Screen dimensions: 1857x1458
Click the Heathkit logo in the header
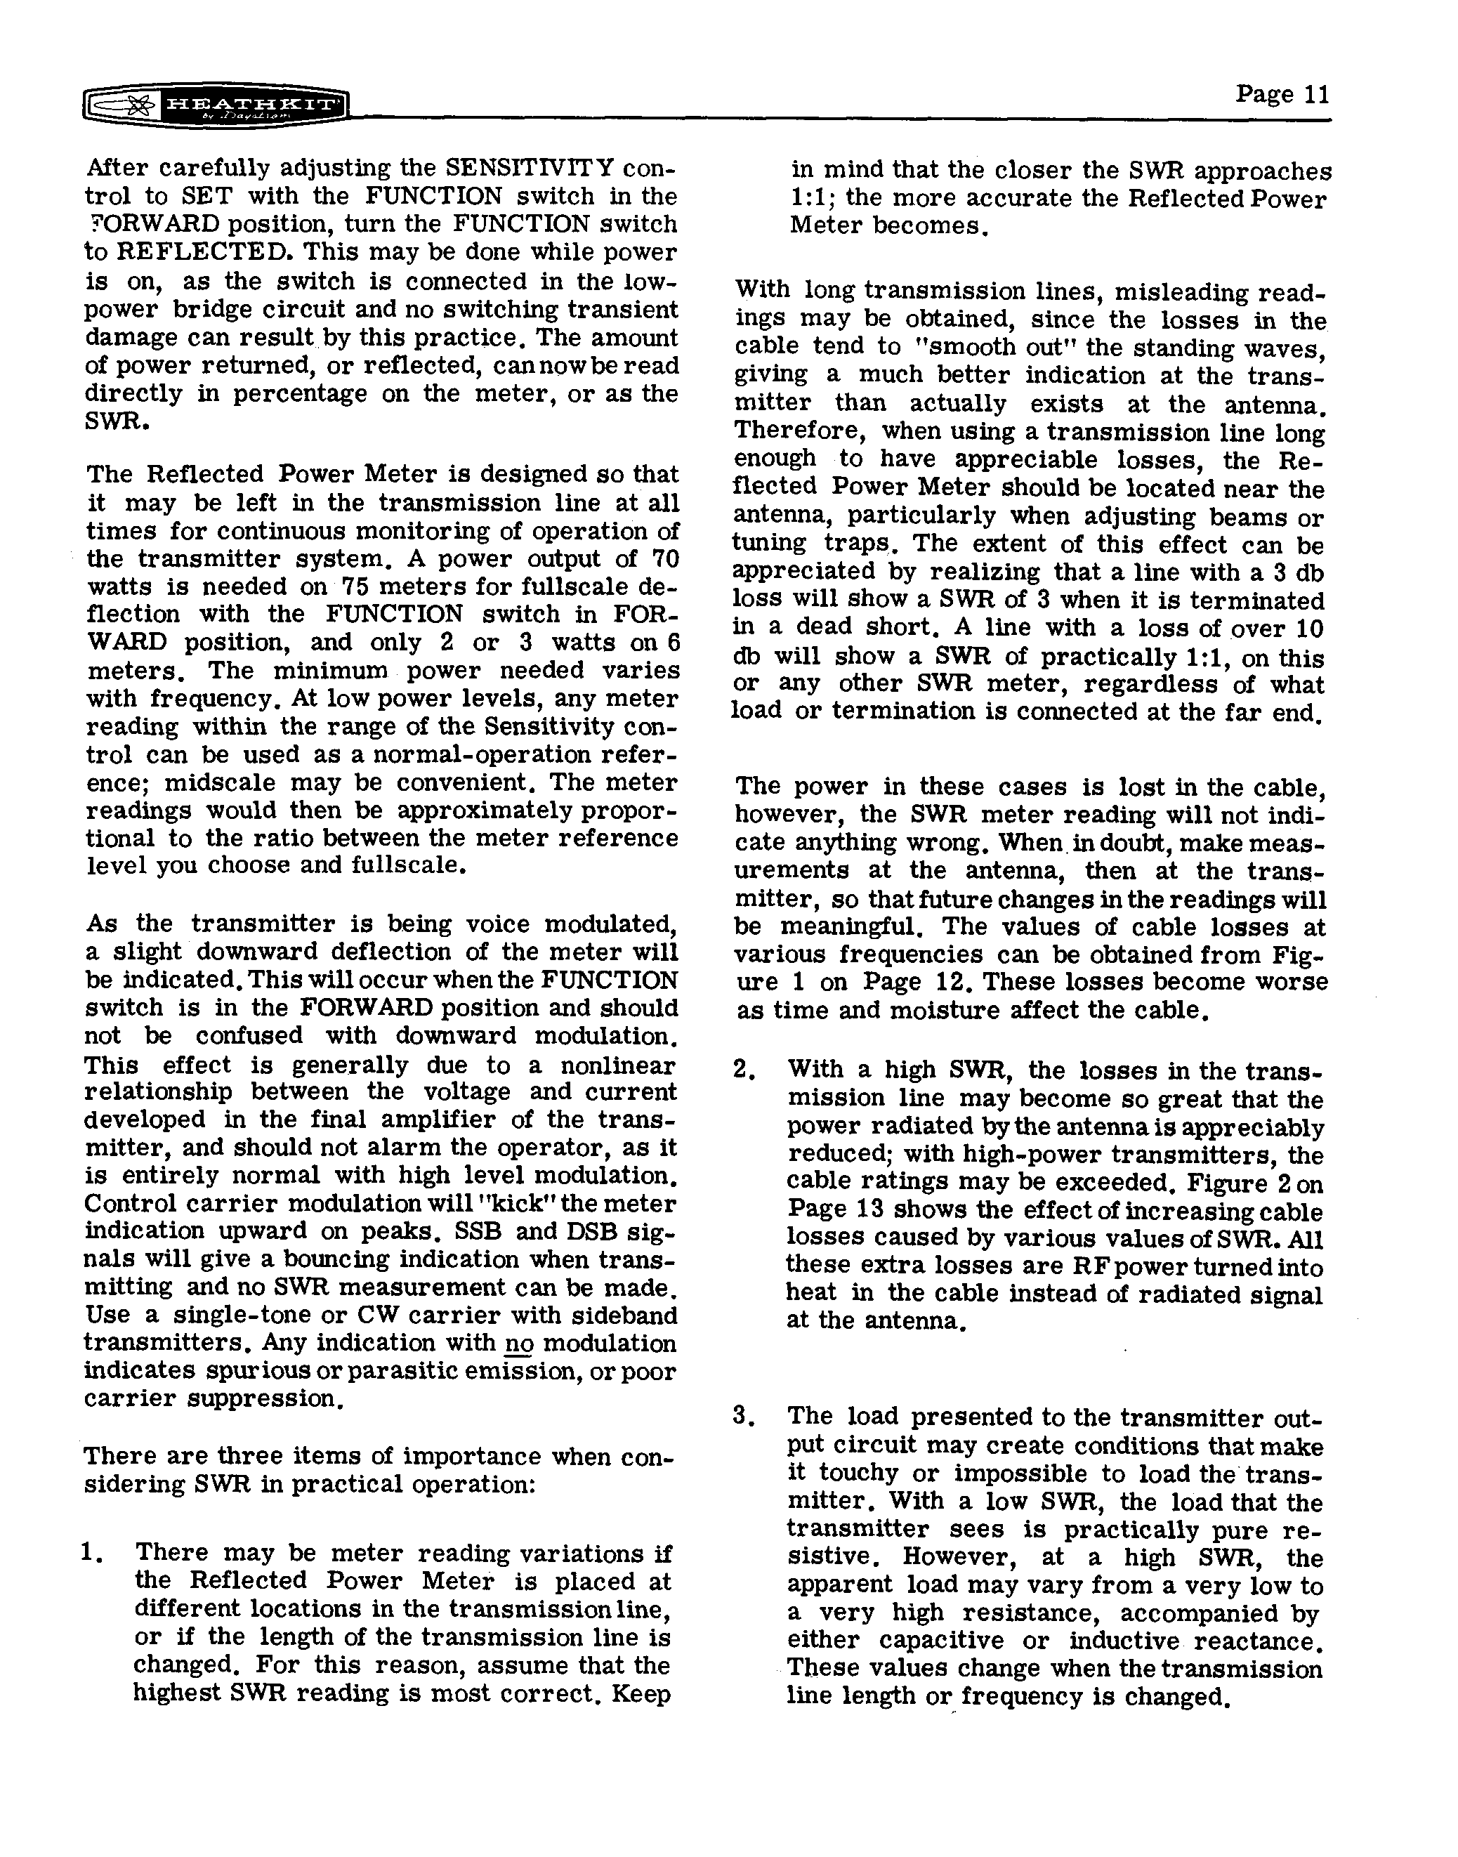pos(218,108)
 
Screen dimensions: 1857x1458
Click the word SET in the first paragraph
pos(206,197)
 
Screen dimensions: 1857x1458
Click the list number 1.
pos(91,1552)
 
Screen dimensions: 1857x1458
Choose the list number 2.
pos(742,1070)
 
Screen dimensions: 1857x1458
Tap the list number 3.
pos(742,1417)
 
